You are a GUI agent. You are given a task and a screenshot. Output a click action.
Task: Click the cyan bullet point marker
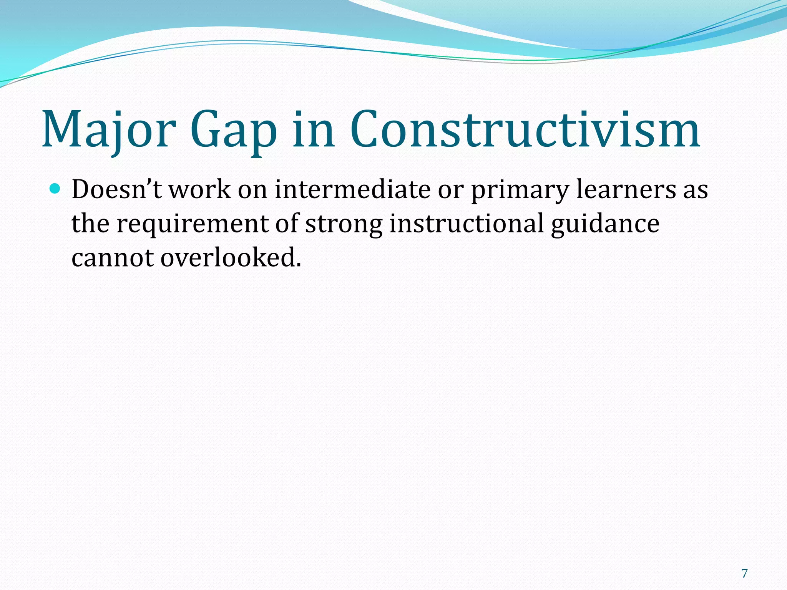[x=55, y=189]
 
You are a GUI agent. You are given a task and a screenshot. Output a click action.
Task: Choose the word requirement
[x=192, y=225]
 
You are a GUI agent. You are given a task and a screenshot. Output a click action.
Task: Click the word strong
[x=344, y=225]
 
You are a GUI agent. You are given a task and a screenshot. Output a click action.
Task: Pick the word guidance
[x=605, y=225]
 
